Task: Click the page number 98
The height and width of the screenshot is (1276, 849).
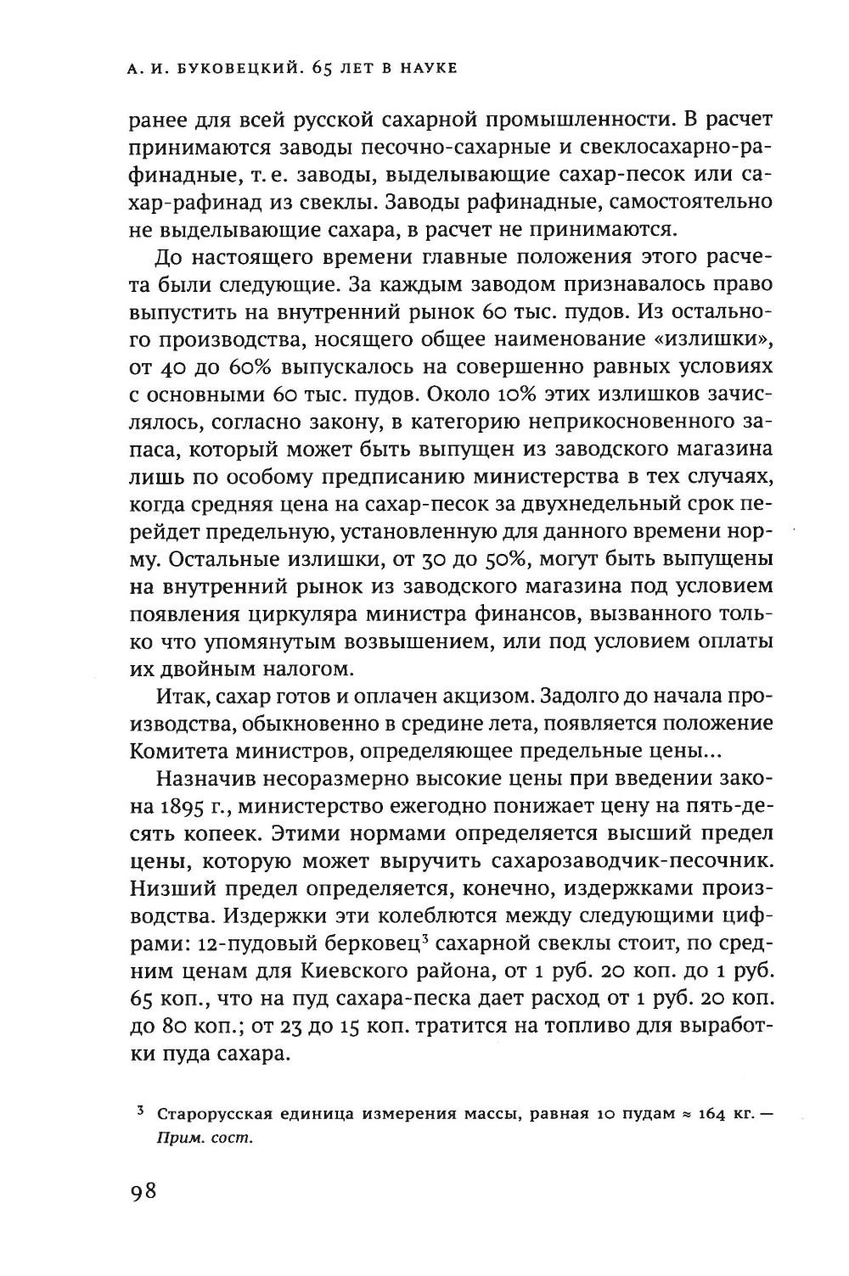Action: click(143, 1192)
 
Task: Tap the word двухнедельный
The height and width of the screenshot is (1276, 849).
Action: click(571, 501)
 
